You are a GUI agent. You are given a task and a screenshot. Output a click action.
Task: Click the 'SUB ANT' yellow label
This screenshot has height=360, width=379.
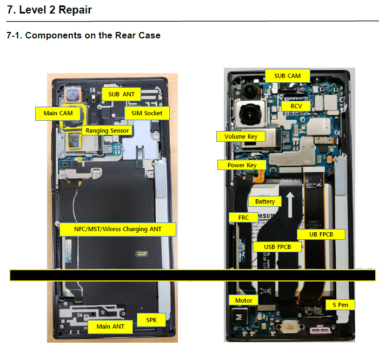(x=121, y=94)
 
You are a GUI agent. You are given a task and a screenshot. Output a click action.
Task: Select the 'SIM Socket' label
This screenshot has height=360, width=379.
(x=147, y=113)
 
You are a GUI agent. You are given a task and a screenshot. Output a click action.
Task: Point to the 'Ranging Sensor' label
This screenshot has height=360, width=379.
(x=107, y=130)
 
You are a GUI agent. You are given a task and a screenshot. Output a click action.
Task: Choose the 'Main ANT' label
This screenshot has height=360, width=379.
(x=110, y=326)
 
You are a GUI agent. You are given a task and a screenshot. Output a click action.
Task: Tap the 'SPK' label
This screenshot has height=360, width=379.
(x=151, y=320)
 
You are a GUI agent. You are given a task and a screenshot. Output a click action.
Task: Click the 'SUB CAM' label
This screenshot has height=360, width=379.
(x=287, y=75)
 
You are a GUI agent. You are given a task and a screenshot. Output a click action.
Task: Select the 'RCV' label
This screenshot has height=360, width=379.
(x=296, y=106)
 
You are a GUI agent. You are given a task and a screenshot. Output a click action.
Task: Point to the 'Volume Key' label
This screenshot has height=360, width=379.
(x=241, y=136)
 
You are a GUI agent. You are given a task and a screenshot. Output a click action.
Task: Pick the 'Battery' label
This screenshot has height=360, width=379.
(x=265, y=201)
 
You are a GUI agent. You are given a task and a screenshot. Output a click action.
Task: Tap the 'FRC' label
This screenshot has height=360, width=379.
(x=244, y=217)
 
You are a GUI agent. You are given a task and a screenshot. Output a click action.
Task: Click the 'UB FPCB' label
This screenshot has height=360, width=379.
(x=321, y=234)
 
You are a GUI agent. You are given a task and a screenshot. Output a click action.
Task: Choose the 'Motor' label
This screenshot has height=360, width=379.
(x=243, y=300)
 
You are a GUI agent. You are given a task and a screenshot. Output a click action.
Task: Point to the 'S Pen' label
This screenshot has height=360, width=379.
(x=340, y=305)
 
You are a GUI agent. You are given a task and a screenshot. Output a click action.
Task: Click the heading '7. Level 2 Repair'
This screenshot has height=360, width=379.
(x=49, y=10)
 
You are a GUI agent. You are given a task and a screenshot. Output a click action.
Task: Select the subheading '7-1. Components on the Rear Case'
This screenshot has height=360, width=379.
(x=83, y=36)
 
